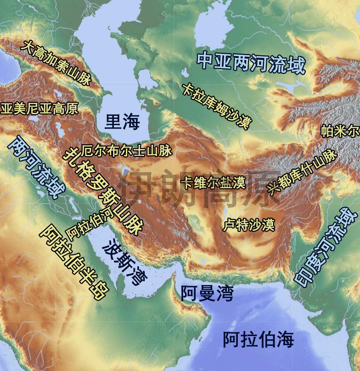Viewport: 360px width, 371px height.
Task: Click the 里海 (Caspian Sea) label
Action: pos(122,122)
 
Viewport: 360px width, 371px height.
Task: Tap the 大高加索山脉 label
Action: pos(56,63)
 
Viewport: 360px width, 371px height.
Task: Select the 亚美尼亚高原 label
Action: pos(39,108)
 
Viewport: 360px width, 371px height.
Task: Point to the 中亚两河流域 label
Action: pos(251,63)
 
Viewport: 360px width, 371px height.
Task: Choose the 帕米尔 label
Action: pos(340,131)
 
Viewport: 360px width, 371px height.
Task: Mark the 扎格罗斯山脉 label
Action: pos(103,191)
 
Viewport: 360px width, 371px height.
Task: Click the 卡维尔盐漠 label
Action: pos(215,182)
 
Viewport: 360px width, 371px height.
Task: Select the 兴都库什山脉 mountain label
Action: pos(302,171)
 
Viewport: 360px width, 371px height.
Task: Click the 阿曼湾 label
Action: pos(207,293)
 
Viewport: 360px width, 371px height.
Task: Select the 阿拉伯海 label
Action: pos(258,339)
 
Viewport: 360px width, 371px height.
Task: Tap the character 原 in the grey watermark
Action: pos(261,189)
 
